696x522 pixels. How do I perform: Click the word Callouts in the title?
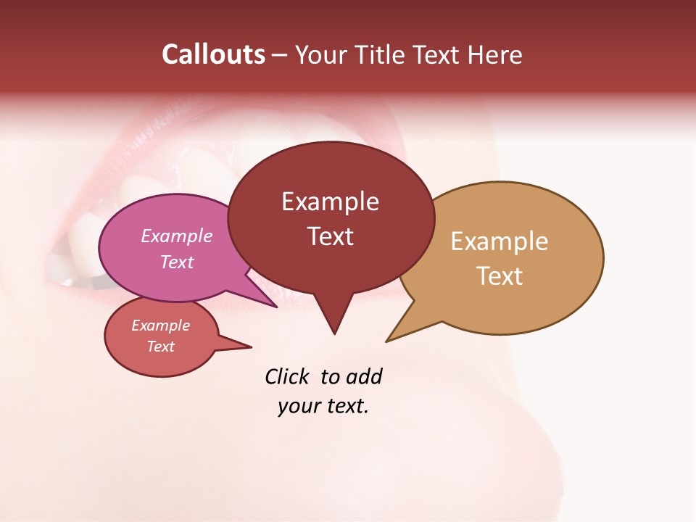213,54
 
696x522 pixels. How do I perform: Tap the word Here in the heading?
494,54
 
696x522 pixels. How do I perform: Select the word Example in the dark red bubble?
330,202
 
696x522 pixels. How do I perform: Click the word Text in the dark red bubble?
330,236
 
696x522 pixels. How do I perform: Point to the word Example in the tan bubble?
500,241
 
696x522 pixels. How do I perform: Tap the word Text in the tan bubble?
500,276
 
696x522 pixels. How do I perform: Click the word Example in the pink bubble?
176,236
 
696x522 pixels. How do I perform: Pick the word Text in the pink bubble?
176,262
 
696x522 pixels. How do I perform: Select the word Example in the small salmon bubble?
160,326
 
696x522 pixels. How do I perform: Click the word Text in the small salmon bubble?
160,347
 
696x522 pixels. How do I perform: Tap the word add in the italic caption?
364,376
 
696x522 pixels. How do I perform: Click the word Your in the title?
317,54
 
